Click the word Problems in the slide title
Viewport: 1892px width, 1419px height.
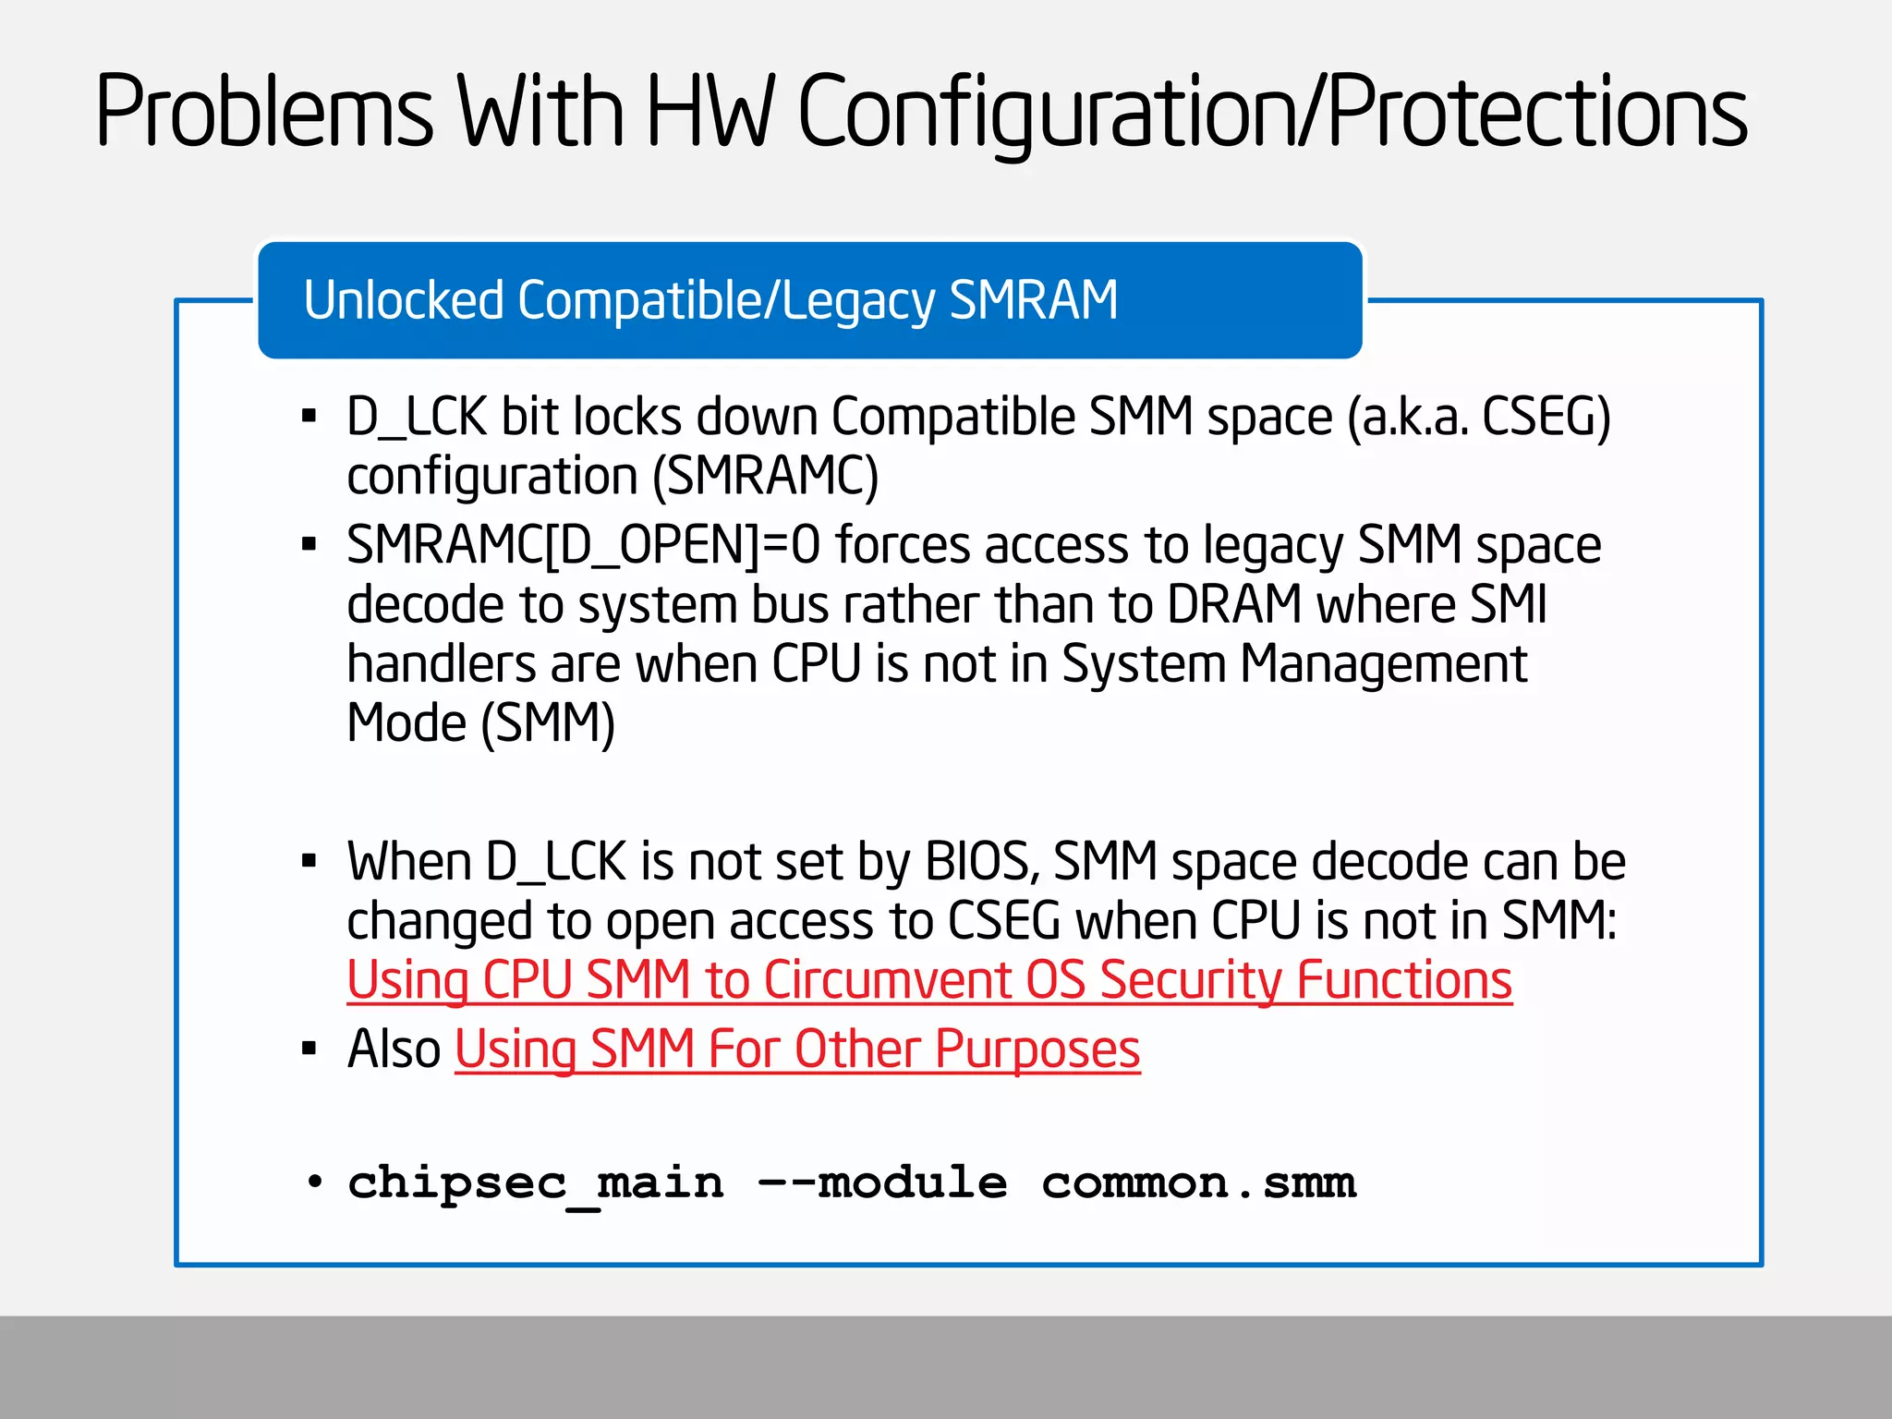coord(264,113)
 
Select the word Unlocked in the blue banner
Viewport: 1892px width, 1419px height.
coord(404,300)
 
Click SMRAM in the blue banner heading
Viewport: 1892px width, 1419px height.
coord(1034,300)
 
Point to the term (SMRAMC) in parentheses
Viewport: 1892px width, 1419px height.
coord(765,477)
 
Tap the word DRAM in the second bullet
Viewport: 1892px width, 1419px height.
coord(1234,605)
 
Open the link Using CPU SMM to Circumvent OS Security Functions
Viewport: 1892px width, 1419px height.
coord(929,980)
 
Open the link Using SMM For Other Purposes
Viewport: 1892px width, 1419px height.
coord(797,1049)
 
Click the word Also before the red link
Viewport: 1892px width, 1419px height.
coord(394,1049)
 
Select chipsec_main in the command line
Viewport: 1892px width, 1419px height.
coord(536,1183)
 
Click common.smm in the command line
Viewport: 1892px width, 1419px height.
coord(1199,1183)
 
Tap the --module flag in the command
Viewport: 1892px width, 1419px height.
coord(882,1183)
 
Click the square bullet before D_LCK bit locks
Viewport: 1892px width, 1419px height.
coord(309,417)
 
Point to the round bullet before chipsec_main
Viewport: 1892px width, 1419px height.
coord(315,1182)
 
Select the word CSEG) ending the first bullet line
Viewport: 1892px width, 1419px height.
coord(1546,417)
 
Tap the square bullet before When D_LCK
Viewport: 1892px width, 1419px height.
coord(309,862)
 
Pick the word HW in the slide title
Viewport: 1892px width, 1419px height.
coord(709,113)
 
